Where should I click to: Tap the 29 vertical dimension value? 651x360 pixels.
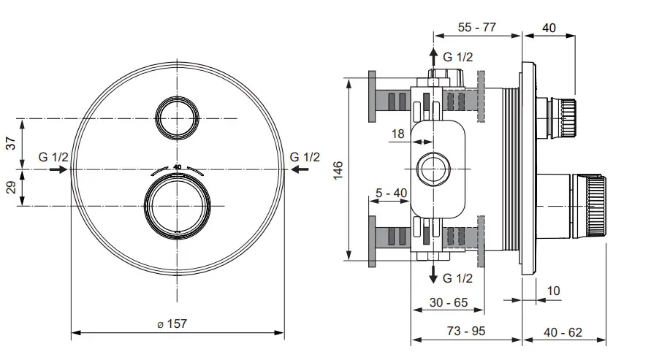[x=11, y=188]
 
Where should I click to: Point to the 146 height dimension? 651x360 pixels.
[x=338, y=169]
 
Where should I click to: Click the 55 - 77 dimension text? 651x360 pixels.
[x=476, y=28]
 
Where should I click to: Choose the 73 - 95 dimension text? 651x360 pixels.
[x=465, y=332]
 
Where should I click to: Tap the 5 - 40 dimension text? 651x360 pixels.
[x=390, y=194]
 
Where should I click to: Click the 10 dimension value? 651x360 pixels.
[x=552, y=291]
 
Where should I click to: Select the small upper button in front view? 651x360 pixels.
[x=176, y=118]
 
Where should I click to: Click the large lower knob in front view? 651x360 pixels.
[x=176, y=205]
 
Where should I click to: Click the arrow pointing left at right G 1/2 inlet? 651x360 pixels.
[x=300, y=169]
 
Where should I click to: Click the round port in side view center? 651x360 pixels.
[x=433, y=169]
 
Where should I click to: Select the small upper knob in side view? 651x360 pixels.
[x=561, y=116]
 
